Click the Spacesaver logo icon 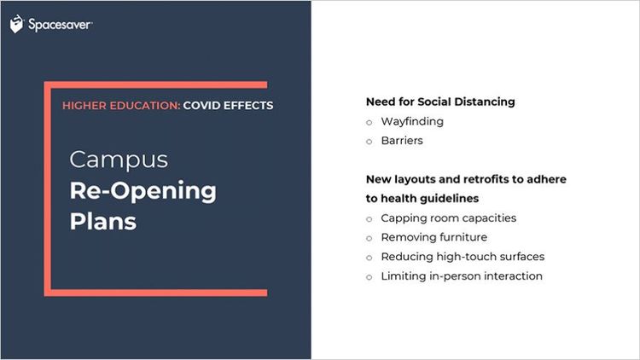point(17,24)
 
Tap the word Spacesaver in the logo point(60,25)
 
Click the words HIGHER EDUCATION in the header point(121,105)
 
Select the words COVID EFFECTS point(228,105)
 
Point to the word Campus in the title point(119,160)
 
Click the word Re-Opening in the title point(143,191)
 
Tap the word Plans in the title point(103,222)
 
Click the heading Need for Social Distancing point(440,102)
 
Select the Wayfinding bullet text point(412,122)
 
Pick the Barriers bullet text point(402,141)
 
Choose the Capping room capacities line point(449,218)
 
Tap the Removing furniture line point(433,237)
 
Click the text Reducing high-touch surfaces point(463,257)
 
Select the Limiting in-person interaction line point(462,276)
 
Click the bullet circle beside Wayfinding point(369,123)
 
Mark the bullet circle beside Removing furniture point(369,238)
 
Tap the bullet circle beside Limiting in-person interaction point(369,277)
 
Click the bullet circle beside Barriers point(369,142)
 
